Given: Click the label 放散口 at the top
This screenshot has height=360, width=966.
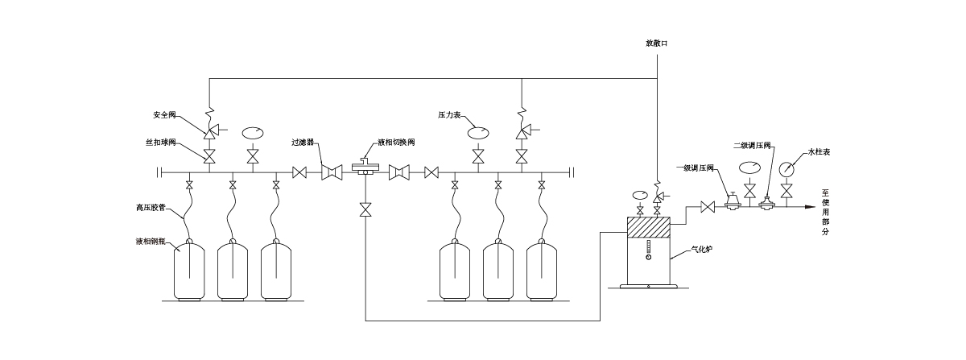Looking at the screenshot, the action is click(x=656, y=43).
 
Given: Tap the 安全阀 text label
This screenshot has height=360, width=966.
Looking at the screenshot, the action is click(x=164, y=115).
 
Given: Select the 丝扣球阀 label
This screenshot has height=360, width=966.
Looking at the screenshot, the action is click(x=160, y=142).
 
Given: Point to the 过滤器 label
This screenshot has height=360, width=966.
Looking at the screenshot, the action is click(x=303, y=142).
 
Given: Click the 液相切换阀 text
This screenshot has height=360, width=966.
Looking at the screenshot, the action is click(x=396, y=142).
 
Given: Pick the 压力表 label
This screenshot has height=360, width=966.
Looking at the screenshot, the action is click(x=449, y=115).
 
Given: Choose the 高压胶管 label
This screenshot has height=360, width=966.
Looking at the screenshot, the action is click(x=151, y=208).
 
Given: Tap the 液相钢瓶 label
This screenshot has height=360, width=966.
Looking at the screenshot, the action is click(x=151, y=242).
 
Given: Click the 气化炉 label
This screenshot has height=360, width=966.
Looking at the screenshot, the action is click(x=701, y=249).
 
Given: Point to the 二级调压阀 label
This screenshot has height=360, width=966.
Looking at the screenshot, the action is click(x=752, y=146).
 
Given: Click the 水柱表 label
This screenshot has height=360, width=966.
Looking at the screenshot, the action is click(x=819, y=152).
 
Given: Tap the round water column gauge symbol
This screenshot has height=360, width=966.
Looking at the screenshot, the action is click(x=786, y=169).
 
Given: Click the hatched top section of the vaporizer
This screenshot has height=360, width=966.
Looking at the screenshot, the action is click(x=648, y=227).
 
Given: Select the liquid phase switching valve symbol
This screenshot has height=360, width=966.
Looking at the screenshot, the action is click(x=365, y=168).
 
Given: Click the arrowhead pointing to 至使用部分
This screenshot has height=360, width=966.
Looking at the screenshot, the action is click(x=810, y=207).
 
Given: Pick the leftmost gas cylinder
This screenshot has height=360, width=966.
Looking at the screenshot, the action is click(x=189, y=270).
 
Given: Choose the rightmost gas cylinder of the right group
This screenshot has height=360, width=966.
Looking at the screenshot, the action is click(x=542, y=270).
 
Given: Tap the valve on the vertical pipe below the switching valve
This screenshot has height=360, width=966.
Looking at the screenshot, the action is click(x=365, y=209).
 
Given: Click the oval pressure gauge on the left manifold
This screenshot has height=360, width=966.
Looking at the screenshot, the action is click(x=253, y=132).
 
